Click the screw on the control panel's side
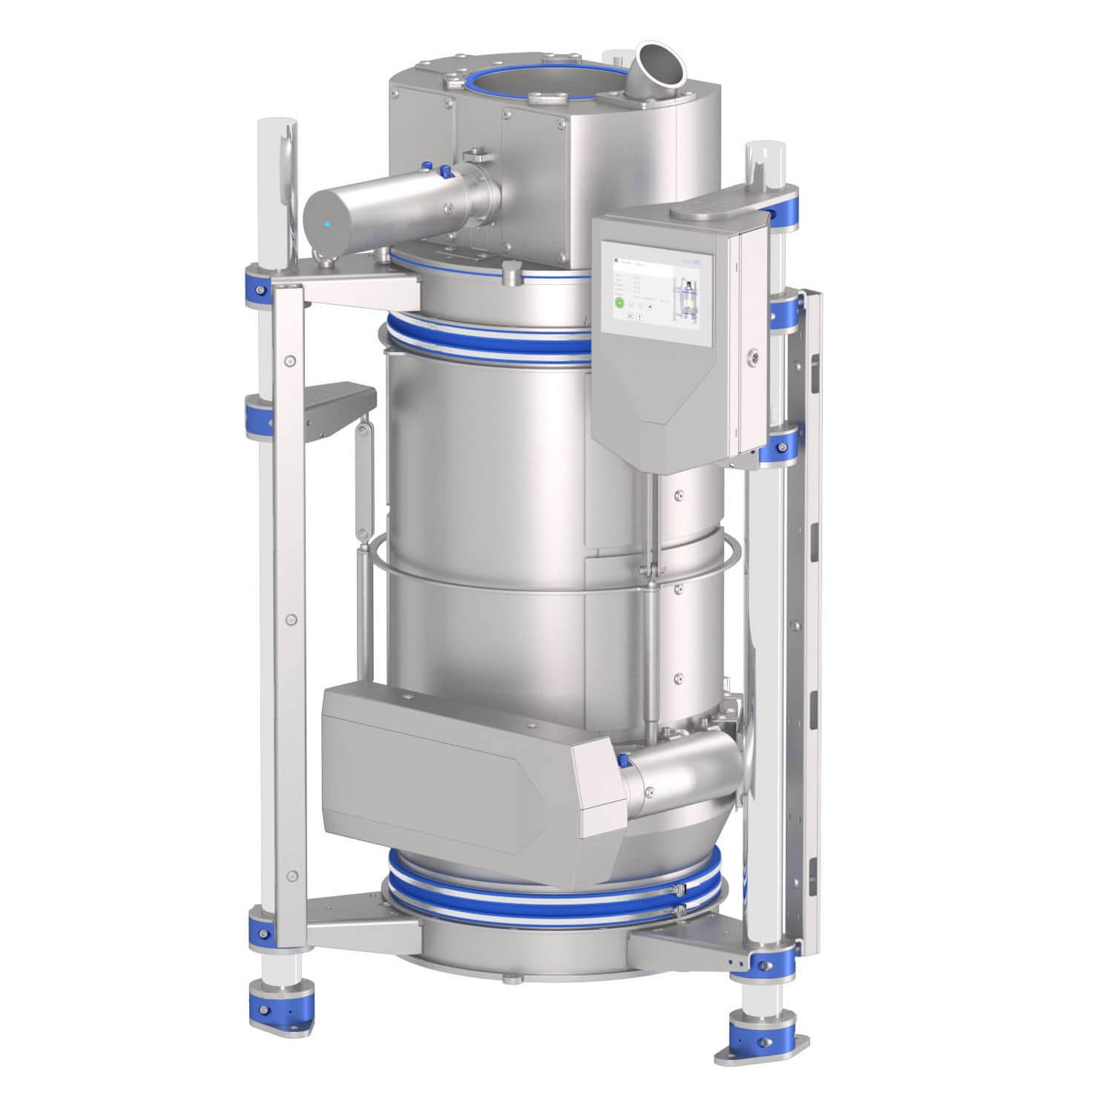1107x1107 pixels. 755,357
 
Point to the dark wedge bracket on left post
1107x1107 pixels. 338,404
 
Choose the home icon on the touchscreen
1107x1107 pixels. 615,261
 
